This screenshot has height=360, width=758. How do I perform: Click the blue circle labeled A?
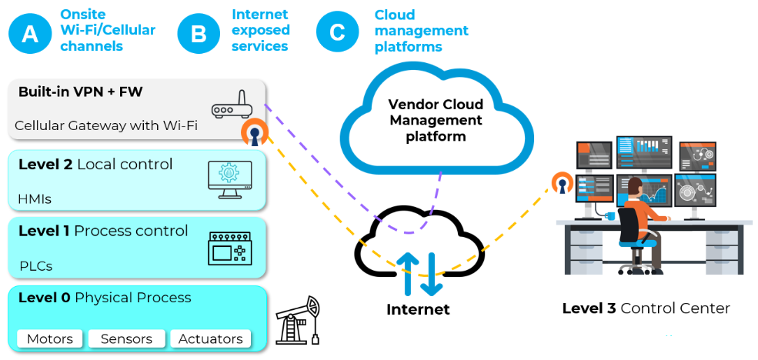pyautogui.click(x=30, y=33)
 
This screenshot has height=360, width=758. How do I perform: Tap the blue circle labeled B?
pyautogui.click(x=199, y=33)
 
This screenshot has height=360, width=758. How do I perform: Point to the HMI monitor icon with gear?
pyautogui.click(x=229, y=175)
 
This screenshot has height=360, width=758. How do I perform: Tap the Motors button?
pyautogui.click(x=50, y=338)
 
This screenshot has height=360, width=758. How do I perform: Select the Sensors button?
pyautogui.click(x=126, y=338)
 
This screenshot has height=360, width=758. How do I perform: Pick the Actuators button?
pyautogui.click(x=210, y=338)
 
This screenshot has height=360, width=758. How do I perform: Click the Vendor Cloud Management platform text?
pyautogui.click(x=436, y=120)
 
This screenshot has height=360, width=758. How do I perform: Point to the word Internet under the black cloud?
pyautogui.click(x=418, y=310)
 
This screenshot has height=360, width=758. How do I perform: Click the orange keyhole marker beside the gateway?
pyautogui.click(x=253, y=132)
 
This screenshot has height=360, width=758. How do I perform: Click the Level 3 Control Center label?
pyautogui.click(x=646, y=308)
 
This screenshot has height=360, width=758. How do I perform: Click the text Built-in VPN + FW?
pyautogui.click(x=80, y=92)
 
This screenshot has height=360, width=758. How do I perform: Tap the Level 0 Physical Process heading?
pyautogui.click(x=105, y=298)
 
